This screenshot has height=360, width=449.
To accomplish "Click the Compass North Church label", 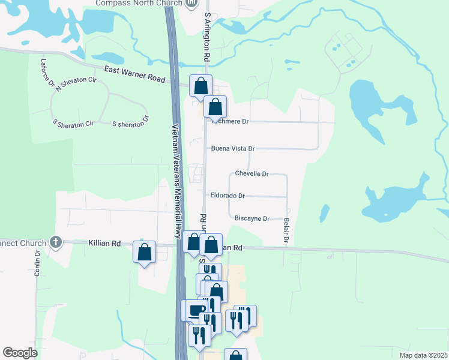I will tap(139, 4).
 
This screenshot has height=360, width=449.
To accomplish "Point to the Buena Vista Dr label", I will tap(232, 148).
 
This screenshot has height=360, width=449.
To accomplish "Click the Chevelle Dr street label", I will tap(252, 173).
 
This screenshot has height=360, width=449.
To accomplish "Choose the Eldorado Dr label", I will tap(228, 196).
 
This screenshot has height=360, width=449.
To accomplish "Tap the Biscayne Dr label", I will tap(252, 218).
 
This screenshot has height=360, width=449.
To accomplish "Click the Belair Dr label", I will tap(286, 231).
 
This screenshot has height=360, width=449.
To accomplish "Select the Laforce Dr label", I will tap(47, 71).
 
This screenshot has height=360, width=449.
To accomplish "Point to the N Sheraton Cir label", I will tap(76, 84).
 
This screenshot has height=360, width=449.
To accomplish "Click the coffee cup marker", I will tap(194, 310).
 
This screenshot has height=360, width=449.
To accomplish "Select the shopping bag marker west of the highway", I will tap(145, 252).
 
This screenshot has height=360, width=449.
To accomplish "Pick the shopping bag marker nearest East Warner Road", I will tap(200, 85).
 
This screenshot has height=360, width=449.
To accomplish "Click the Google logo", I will tap(20, 353).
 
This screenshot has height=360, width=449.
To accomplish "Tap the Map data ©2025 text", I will tap(423, 355).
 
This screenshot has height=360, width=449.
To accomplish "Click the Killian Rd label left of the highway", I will tap(104, 244).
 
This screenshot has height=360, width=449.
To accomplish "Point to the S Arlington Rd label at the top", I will tap(207, 36).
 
